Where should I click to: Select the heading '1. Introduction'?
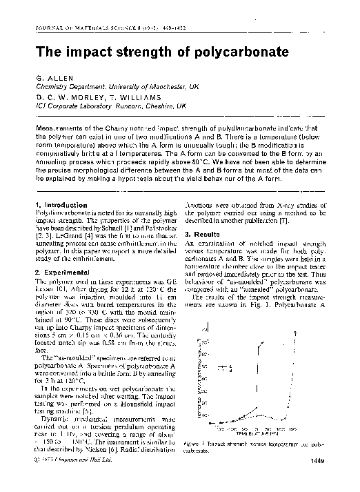click(x=61, y=205)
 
